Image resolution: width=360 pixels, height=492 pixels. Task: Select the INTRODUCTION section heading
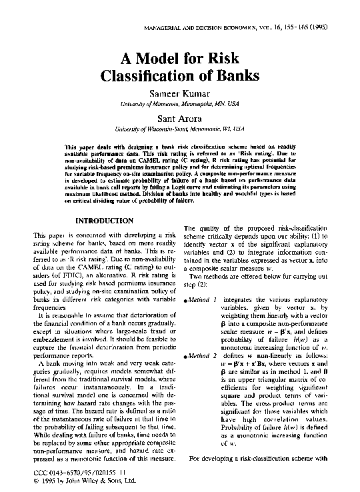click(105, 221)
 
